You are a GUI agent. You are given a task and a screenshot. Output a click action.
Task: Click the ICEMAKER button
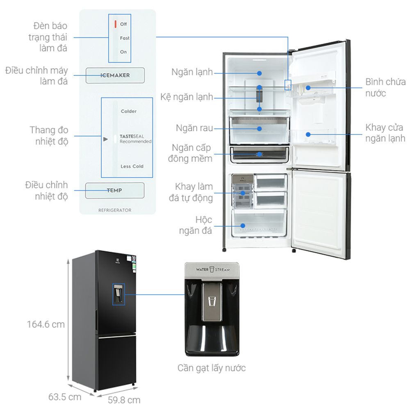[x=115, y=75]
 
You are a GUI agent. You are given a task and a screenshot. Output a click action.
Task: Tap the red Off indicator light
[x=116, y=24]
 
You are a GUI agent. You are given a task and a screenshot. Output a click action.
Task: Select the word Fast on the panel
[x=125, y=38]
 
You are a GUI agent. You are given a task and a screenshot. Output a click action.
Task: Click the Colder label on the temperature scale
[x=129, y=111]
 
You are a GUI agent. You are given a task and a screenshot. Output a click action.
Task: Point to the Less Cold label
[x=132, y=166]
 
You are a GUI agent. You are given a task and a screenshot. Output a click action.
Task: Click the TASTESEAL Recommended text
[x=135, y=139]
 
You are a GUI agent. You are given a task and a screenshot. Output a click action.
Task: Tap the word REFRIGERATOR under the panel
[x=115, y=210]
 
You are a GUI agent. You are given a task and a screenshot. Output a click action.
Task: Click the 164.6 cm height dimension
[x=46, y=324]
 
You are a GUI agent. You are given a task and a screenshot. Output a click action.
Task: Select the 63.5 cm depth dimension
[x=65, y=397]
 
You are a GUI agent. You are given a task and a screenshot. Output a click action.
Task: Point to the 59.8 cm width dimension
[x=124, y=400]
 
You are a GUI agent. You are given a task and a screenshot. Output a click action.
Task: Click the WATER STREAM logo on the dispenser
[x=212, y=270]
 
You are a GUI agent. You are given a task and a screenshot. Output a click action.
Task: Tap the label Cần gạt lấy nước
[x=212, y=368]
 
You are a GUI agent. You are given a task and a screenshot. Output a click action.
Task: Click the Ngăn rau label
[x=195, y=128]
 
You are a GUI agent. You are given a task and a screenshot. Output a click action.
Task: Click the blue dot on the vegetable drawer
[x=260, y=128]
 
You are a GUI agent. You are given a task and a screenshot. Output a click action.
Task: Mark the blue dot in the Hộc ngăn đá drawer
[x=243, y=225]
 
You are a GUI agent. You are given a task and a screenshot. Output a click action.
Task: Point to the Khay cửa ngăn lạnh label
[x=385, y=132]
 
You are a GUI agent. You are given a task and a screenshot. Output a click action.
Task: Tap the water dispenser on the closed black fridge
[x=118, y=294]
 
